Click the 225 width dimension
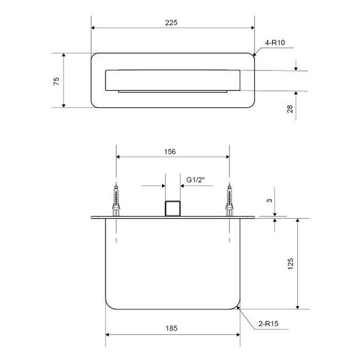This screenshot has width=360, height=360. pos(171,23)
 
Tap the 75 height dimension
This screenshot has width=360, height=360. pos(57,81)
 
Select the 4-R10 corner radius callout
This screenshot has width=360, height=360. pos(275,43)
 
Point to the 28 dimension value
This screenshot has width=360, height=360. pos(290,109)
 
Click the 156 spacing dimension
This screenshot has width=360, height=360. pos(170,152)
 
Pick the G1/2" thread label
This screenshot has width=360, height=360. pos(195,180)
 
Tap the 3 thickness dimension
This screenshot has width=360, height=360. pos(269,201)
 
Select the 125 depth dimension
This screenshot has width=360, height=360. pos(291,264)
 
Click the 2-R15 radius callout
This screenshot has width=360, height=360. pos(268,323)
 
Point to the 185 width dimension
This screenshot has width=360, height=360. pos(171,328)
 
